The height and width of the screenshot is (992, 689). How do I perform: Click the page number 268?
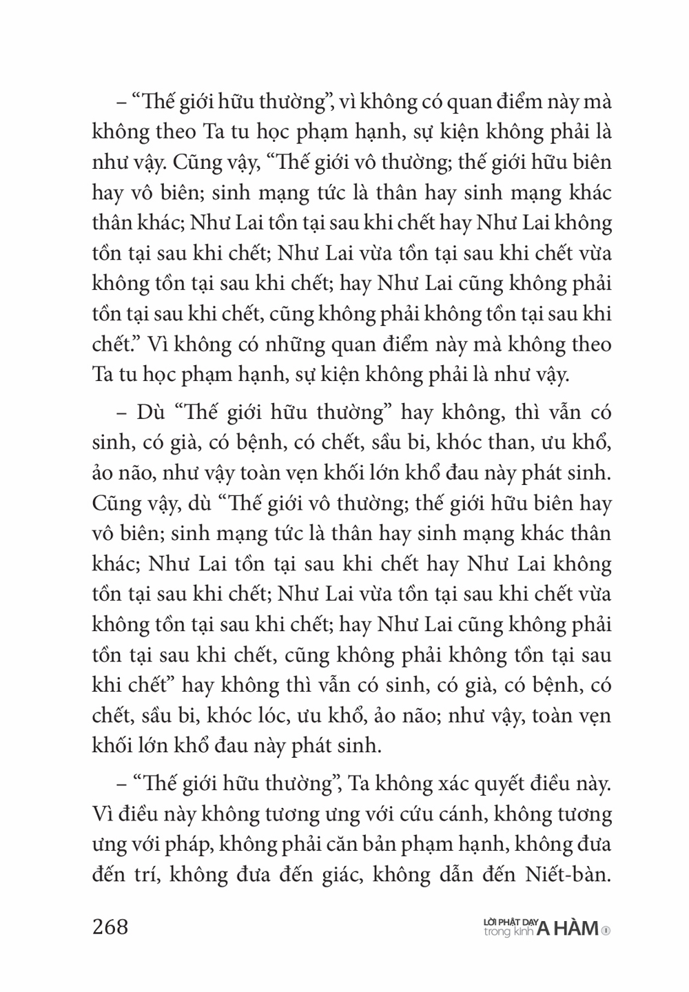tap(110, 927)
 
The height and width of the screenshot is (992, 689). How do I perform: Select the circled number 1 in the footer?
tap(606, 931)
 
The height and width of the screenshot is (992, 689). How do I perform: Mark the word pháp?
tap(190, 845)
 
